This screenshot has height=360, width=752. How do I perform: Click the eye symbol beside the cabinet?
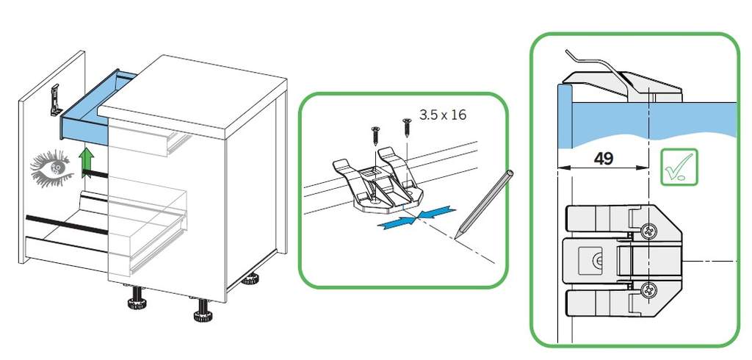tap(52, 168)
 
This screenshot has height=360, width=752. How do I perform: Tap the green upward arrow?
tap(87, 162)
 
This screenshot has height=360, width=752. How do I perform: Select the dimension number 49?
tap(604, 158)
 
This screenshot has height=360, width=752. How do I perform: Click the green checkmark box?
tap(679, 167)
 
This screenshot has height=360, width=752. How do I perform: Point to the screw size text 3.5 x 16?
tap(443, 115)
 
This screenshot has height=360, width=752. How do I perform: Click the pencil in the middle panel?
tap(483, 204)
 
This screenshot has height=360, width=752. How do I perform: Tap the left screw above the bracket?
tap(375, 137)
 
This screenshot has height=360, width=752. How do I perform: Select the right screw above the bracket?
tap(407, 127)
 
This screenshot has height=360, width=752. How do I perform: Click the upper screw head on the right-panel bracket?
tap(648, 232)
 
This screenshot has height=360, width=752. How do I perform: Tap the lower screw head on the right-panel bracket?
tap(648, 289)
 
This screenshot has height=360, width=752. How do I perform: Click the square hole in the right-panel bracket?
tap(590, 261)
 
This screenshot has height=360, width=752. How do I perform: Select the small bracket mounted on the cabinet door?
tap(56, 100)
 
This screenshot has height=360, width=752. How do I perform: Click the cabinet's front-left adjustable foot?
tap(136, 298)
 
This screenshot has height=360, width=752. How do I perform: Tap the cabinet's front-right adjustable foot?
tap(203, 311)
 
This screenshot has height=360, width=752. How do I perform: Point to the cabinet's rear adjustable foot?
tap(250, 278)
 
